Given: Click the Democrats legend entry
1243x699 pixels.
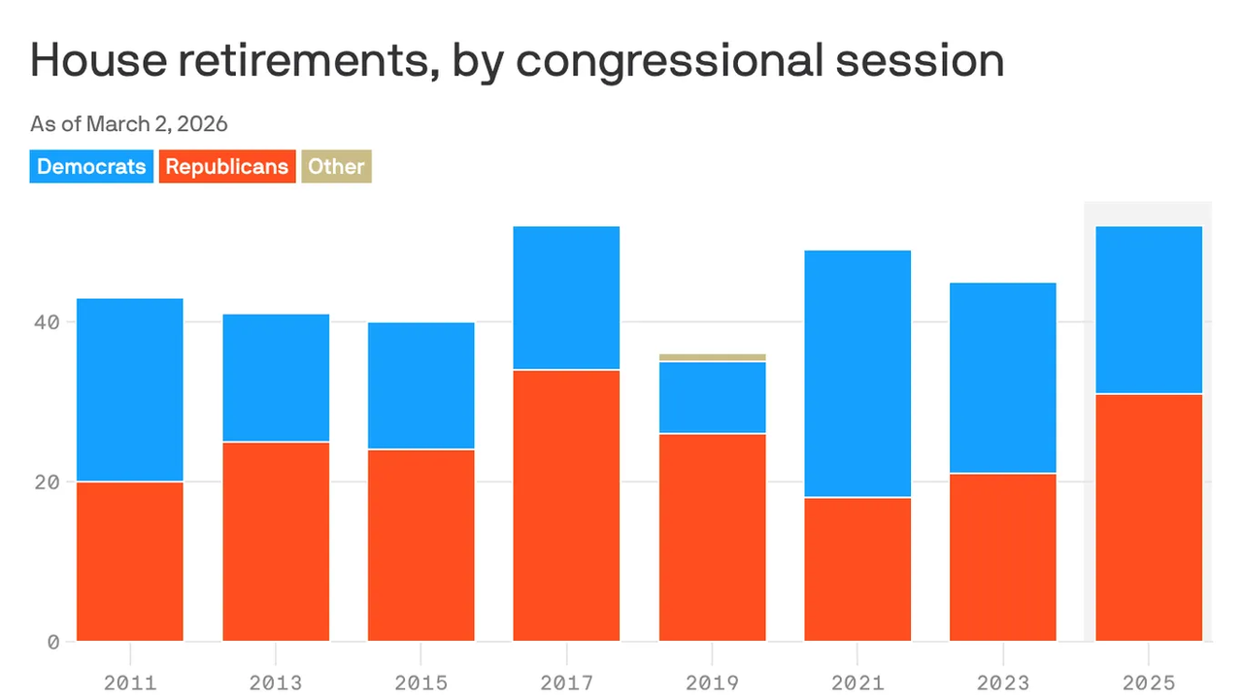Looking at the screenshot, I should pos(91,166).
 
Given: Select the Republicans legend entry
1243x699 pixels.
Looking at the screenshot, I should pos(227,166).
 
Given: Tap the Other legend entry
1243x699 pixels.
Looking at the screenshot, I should pos(336,166).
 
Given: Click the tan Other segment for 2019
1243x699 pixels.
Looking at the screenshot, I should pos(712,357).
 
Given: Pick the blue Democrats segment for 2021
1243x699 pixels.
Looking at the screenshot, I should pos(857,374).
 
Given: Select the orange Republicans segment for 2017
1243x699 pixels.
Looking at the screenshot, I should pos(566,505).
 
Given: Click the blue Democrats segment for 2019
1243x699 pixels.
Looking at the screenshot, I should pos(712,397).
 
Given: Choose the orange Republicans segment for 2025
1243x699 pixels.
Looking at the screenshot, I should pos(1149,517).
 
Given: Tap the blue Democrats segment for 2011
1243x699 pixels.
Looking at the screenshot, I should pos(130,389).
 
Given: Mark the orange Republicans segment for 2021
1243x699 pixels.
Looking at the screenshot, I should pos(857,569).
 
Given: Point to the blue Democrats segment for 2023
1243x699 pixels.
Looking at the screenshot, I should pos(1003,378).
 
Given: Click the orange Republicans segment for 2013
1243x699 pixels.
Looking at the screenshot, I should pos(276,542).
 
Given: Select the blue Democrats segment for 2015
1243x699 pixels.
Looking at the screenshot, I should pos(421,385).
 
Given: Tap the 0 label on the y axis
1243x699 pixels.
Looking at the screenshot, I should pos(53,642).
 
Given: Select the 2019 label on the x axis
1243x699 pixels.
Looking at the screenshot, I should pos(712,682).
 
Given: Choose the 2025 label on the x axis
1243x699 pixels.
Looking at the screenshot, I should pos(1149,682).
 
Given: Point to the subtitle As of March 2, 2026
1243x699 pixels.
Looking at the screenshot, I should pos(129,124).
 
